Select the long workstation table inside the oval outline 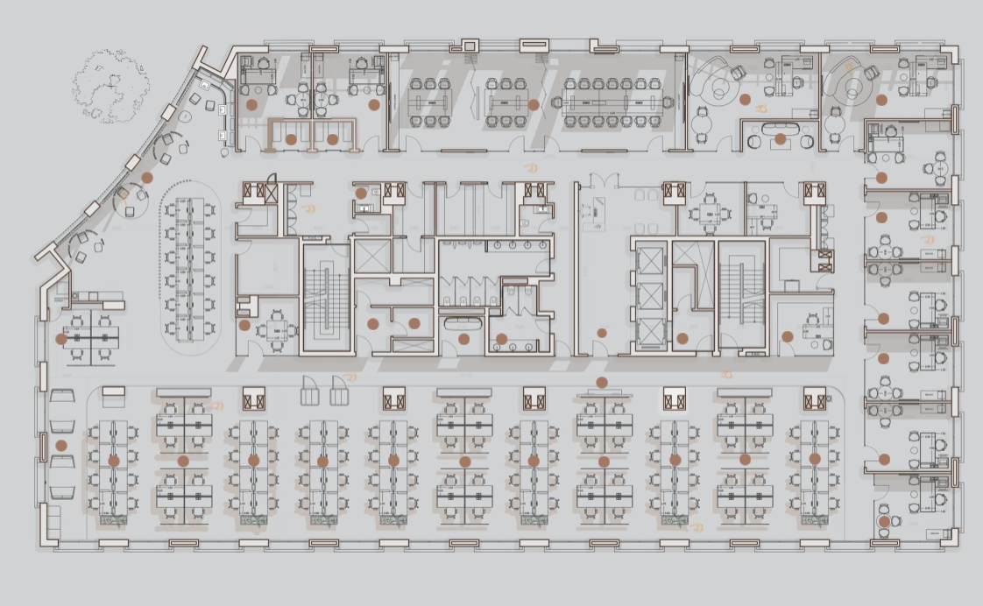click(x=190, y=269)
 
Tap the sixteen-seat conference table click(x=612, y=102)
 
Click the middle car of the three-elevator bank click(x=651, y=294)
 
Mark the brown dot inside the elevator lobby click(x=602, y=333)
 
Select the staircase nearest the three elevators click(x=741, y=293)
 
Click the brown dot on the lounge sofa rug click(x=780, y=138)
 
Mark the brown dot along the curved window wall click(x=147, y=177)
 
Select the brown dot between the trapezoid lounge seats click(x=60, y=445)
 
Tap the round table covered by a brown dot click(x=885, y=522)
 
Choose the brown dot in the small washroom click(x=361, y=194)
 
